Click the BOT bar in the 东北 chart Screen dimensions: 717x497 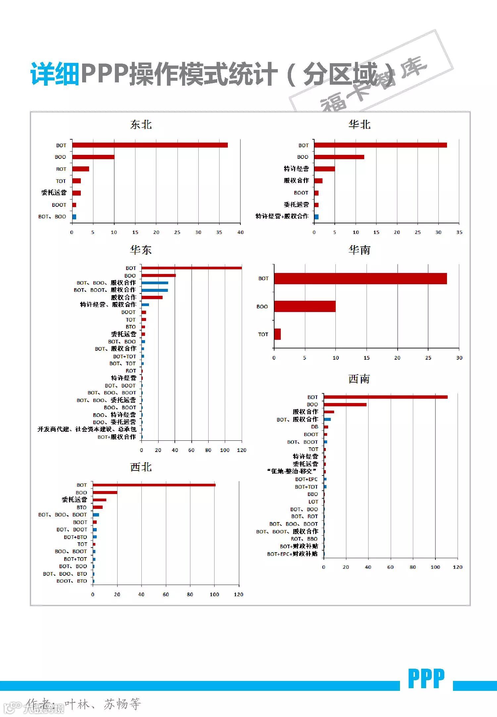coord(150,145)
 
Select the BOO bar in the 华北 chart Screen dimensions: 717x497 coord(339,157)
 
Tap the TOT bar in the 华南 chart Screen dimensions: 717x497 coord(277,334)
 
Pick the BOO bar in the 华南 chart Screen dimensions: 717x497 coord(305,306)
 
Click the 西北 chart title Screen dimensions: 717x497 coord(141,467)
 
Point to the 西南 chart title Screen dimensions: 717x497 coord(359,379)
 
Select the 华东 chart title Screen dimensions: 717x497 coord(141,250)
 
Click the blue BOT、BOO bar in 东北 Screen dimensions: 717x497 coord(74,217)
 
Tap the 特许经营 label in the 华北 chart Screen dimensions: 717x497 coord(296,169)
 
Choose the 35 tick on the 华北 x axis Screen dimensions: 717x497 coord(459,232)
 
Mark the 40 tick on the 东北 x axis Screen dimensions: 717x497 coord(240,232)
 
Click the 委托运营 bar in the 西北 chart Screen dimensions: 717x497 coord(99,500)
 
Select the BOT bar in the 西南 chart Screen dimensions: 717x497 coord(385,397)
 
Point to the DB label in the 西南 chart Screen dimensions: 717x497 coord(315,427)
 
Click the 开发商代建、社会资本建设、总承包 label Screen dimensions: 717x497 coord(87,429)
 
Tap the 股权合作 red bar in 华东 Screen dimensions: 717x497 coord(152,297)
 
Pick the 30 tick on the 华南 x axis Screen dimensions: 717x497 coord(459,358)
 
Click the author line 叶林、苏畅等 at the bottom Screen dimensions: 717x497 coord(103,704)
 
